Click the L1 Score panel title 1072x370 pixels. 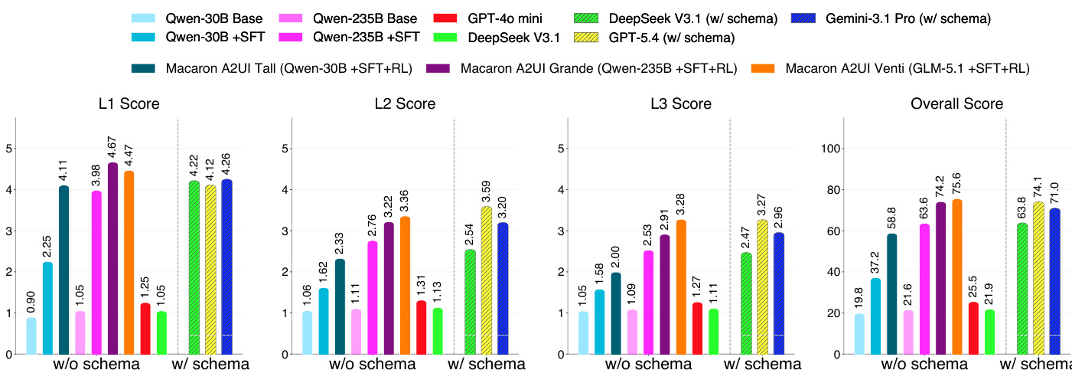click(x=129, y=103)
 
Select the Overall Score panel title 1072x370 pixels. click(x=956, y=103)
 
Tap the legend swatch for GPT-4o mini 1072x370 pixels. click(x=445, y=18)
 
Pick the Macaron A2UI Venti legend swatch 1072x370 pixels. click(x=763, y=68)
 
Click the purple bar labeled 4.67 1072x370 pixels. click(x=113, y=259)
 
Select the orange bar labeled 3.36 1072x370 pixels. click(x=405, y=286)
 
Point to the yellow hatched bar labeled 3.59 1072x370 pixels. click(x=486, y=281)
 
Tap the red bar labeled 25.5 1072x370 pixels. click(x=973, y=329)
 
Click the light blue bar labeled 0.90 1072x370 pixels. click(x=31, y=336)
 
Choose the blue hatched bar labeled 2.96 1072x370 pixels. click(x=779, y=294)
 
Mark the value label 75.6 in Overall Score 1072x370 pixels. click(x=956, y=184)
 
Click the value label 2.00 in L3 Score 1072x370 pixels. click(x=615, y=257)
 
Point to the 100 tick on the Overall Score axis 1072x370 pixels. click(x=830, y=149)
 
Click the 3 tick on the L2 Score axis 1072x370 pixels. click(x=285, y=231)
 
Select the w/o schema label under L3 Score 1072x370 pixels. click(x=648, y=364)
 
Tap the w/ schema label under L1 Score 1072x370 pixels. click(x=210, y=364)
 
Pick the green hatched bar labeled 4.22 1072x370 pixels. click(x=194, y=268)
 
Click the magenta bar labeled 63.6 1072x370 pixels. click(x=924, y=290)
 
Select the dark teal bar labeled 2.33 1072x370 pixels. click(x=340, y=306)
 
